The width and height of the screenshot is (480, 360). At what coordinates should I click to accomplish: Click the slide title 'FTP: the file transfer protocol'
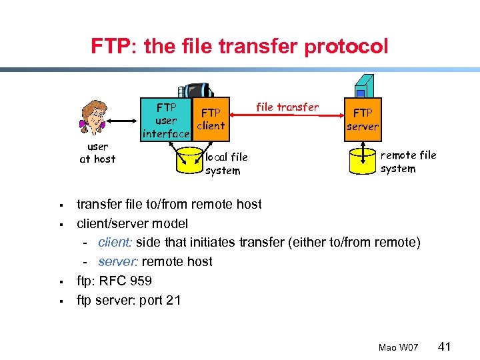(239, 47)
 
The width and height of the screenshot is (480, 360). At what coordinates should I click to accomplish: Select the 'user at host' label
(97, 153)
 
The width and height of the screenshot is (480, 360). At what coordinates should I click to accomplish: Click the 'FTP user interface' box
(166, 121)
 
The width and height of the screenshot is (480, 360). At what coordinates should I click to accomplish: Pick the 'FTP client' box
(211, 119)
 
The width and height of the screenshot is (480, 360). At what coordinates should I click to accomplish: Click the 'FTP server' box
(363, 120)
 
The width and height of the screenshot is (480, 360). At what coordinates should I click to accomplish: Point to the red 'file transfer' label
(287, 107)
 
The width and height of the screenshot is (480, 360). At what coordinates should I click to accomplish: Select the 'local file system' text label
(225, 163)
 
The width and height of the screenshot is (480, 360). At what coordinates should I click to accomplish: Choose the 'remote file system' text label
(408, 162)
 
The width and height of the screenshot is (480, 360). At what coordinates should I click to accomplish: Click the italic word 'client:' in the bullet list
(116, 243)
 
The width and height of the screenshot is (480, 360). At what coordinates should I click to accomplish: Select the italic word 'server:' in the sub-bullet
(118, 262)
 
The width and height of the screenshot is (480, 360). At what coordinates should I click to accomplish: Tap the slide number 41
(446, 346)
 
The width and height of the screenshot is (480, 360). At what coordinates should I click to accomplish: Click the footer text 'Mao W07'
(398, 347)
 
